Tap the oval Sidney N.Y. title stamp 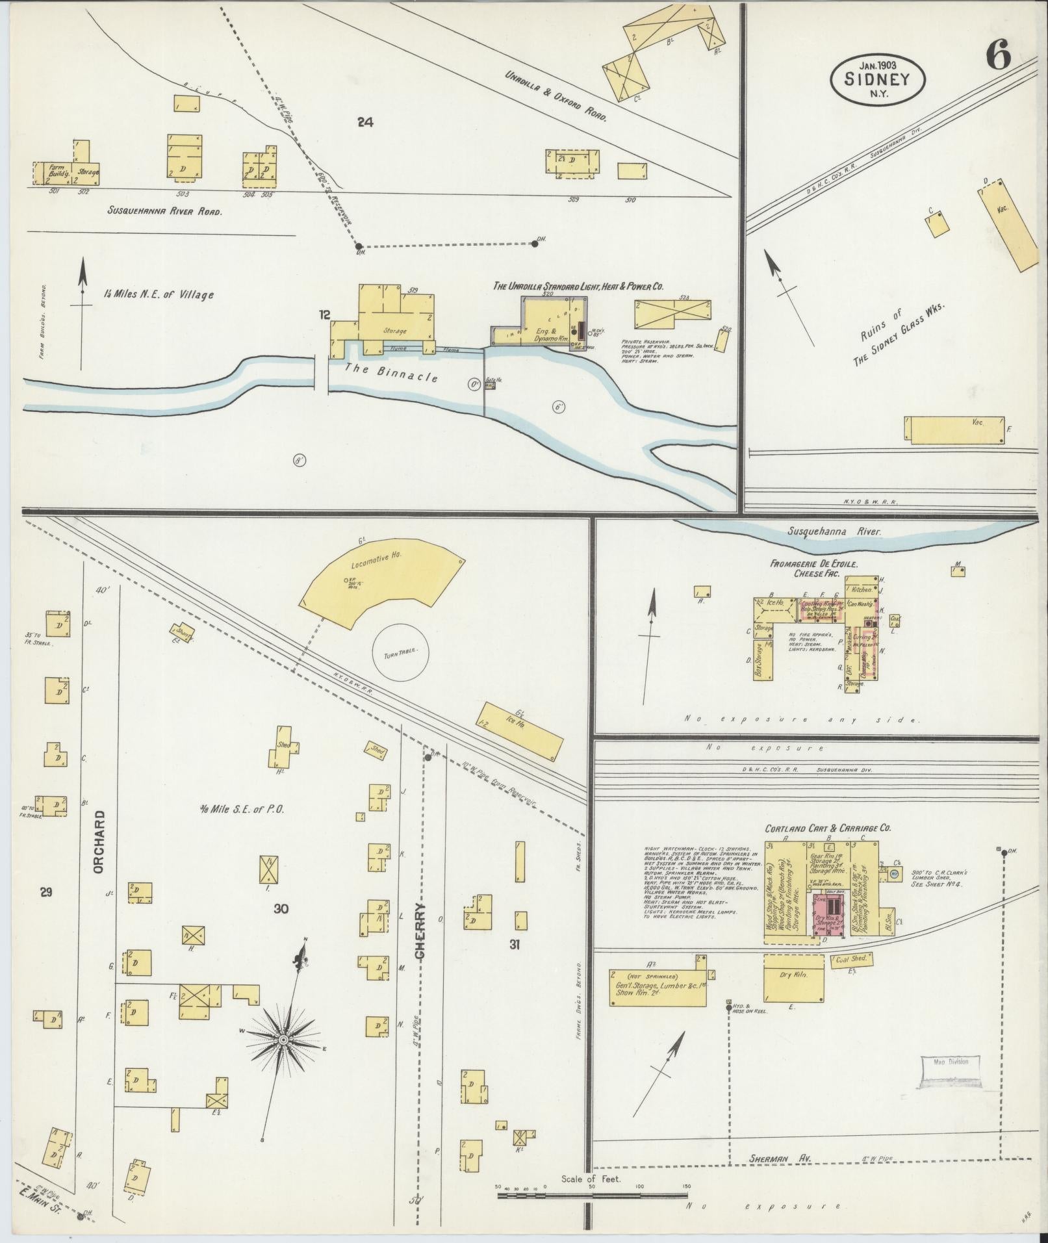tap(877, 79)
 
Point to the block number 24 tap(365, 120)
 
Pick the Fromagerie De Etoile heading tap(815, 564)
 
